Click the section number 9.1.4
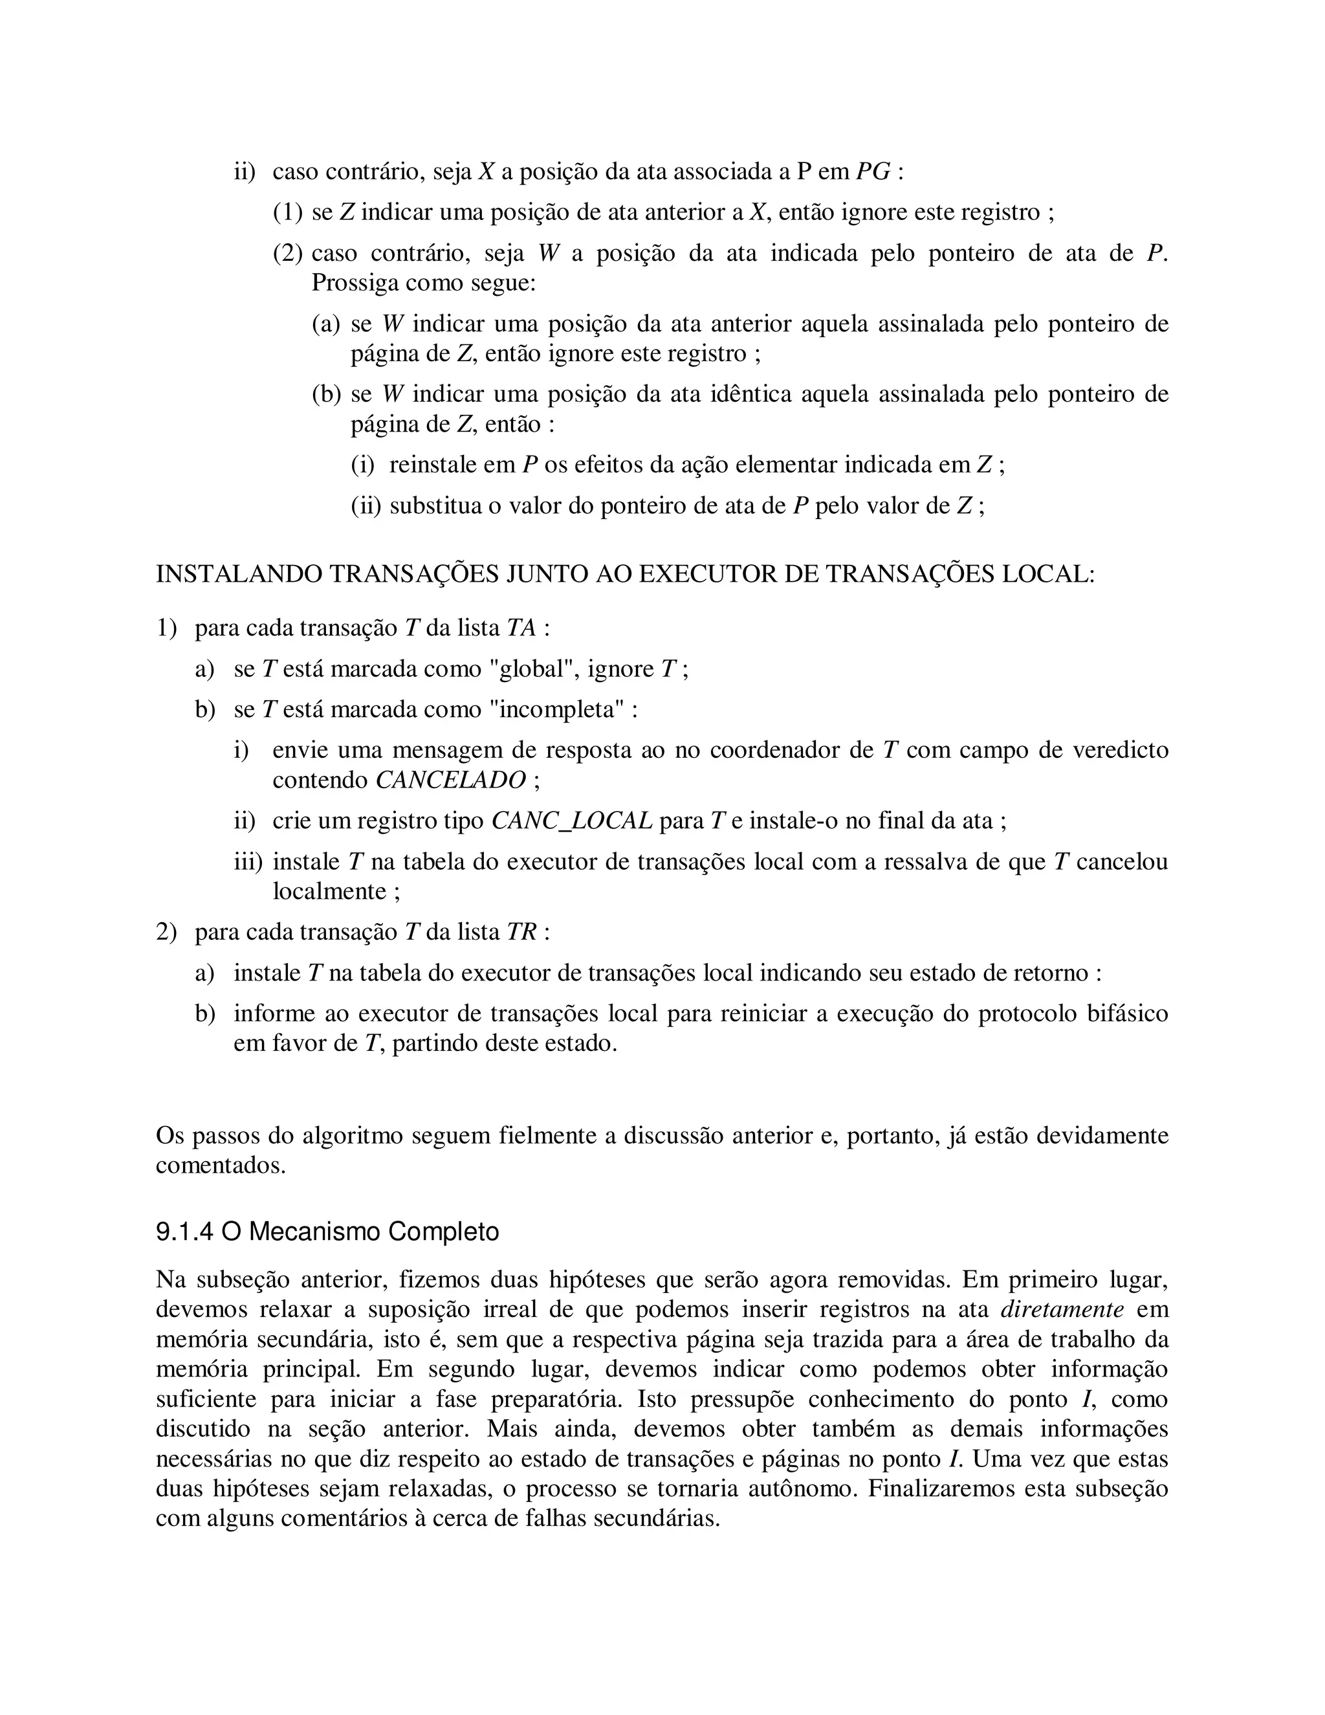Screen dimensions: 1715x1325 [x=184, y=1232]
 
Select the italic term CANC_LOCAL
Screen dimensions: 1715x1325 [x=571, y=821]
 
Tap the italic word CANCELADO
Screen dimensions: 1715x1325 [x=450, y=780]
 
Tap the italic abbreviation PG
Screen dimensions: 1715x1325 [x=873, y=171]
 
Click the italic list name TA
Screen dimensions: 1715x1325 [x=521, y=628]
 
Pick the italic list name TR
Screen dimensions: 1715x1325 [x=521, y=932]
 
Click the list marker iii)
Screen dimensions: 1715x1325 [x=248, y=861]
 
